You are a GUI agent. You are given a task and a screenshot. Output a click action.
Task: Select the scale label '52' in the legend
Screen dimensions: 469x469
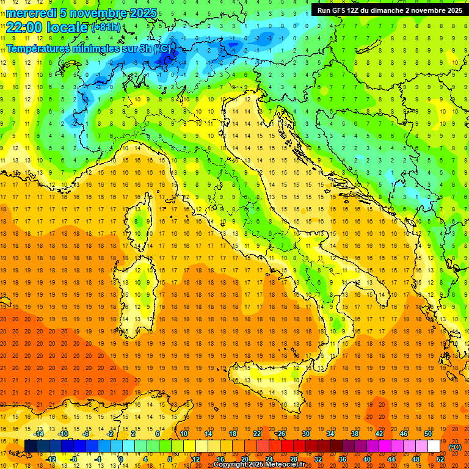click(440, 459)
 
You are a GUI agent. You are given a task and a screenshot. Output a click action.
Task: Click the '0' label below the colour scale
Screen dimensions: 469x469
click(121, 459)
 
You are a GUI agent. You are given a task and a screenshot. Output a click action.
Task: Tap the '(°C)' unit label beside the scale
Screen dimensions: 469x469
click(455, 447)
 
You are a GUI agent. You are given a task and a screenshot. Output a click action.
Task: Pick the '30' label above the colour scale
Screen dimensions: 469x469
click(305, 434)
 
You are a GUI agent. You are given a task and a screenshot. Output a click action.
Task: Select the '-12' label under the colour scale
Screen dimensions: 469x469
click(51, 459)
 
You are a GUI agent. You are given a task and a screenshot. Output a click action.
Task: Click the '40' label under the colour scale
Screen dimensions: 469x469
click(367, 459)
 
